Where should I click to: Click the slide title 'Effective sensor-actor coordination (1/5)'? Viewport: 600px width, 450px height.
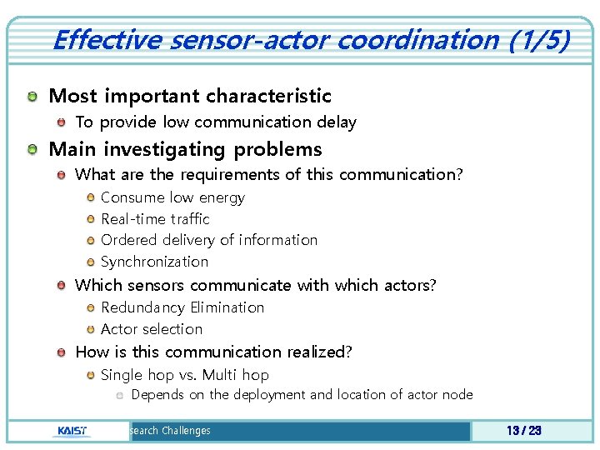[311, 39]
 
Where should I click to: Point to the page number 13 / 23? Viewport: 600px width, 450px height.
[523, 431]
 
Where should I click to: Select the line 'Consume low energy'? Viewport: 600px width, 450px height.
[172, 197]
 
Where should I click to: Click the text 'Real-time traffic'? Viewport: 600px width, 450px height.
[155, 219]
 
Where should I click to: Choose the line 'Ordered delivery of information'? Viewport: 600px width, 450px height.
[209, 240]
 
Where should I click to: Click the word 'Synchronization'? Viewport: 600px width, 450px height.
[154, 262]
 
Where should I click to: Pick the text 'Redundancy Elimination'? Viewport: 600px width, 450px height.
[182, 307]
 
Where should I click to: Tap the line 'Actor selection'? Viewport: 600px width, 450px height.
[152, 329]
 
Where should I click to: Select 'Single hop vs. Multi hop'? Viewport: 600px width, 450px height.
[184, 375]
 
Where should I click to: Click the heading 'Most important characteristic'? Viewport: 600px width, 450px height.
[190, 97]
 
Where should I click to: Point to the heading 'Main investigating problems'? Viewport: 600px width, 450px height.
[185, 150]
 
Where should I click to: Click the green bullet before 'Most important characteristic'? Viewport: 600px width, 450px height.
[32, 97]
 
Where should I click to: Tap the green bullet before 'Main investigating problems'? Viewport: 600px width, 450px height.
[32, 151]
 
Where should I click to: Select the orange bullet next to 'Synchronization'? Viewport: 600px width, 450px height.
[90, 262]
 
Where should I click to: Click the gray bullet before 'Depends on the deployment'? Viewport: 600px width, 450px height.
[120, 395]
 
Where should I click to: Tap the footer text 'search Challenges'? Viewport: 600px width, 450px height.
[168, 431]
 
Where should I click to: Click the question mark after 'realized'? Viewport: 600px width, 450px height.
[348, 352]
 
